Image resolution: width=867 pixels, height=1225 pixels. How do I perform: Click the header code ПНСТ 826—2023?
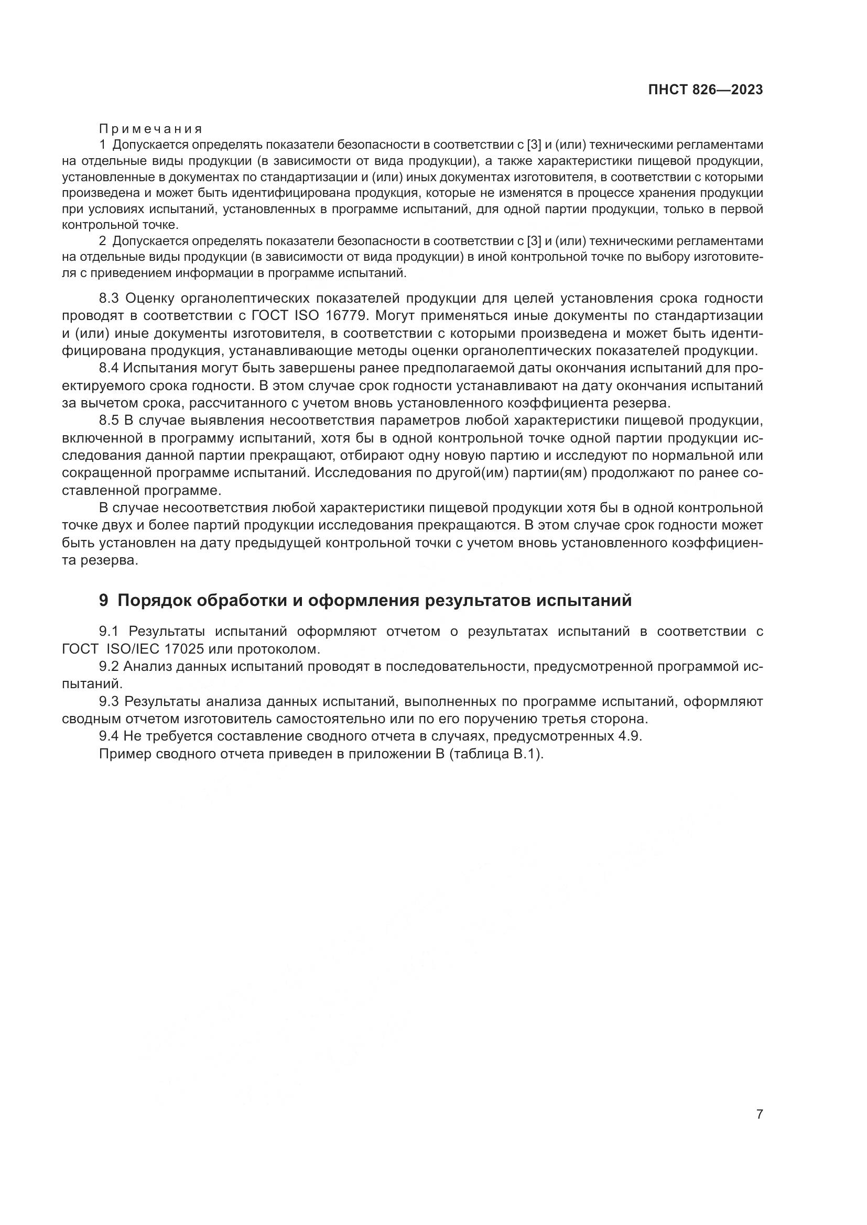[x=705, y=90]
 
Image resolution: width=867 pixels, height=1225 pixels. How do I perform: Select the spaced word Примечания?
[x=150, y=129]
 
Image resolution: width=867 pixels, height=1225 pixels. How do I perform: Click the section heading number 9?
[x=104, y=600]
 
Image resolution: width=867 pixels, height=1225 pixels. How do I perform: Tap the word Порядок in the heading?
[x=154, y=600]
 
